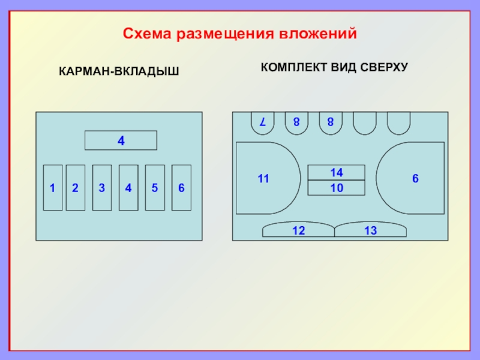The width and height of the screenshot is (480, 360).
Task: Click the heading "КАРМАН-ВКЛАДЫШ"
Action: (x=119, y=72)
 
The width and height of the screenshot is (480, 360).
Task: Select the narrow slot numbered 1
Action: (x=53, y=188)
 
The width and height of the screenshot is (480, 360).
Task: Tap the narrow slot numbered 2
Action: (x=75, y=188)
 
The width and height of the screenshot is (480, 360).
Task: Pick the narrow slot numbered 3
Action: (x=102, y=188)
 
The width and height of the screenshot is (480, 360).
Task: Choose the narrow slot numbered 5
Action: (x=155, y=188)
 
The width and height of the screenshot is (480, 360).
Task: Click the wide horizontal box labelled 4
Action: (x=121, y=140)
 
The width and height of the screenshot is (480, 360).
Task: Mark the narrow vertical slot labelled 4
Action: (x=128, y=188)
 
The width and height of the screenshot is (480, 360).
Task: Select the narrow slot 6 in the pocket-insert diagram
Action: (x=181, y=188)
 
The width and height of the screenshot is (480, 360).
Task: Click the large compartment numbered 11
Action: (x=264, y=178)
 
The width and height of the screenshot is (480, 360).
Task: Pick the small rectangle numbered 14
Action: (x=337, y=172)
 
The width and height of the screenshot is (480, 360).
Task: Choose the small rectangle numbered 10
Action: (x=337, y=188)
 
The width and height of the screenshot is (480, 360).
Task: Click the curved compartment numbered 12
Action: (x=299, y=230)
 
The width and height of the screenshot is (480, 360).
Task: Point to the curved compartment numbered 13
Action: (x=370, y=230)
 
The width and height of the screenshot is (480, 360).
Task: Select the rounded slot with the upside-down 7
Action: (x=262, y=122)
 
